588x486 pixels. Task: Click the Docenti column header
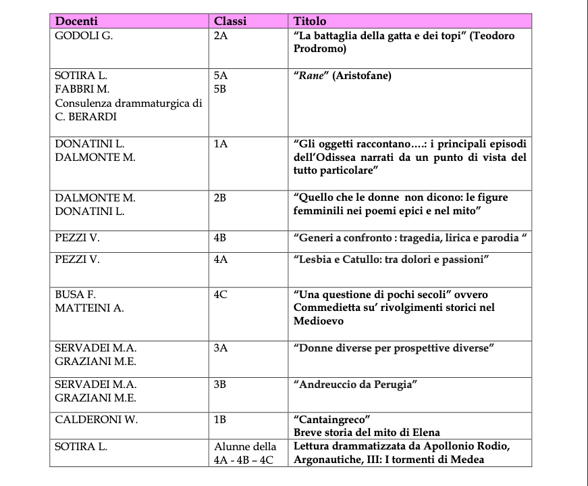(x=76, y=22)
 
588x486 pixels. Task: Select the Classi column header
(x=230, y=22)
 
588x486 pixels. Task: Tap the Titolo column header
(x=310, y=22)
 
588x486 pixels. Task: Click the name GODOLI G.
(x=84, y=36)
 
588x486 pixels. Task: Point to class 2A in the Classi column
(x=221, y=36)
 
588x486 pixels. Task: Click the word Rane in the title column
(x=311, y=76)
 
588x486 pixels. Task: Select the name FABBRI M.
(x=82, y=89)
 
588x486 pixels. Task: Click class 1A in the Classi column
(x=221, y=144)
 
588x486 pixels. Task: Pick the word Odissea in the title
(x=348, y=157)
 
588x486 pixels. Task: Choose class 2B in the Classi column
(x=220, y=197)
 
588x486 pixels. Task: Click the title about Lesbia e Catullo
(x=391, y=260)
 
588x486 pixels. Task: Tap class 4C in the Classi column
(x=220, y=295)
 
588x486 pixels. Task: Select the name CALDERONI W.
(x=96, y=419)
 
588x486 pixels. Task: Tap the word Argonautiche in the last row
(x=325, y=460)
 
